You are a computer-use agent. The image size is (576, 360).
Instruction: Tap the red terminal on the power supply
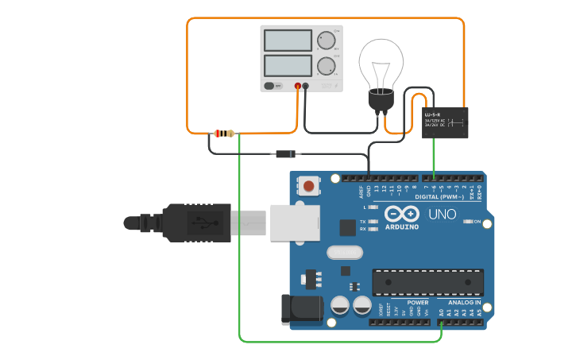point(298,85)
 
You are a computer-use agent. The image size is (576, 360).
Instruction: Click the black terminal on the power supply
point(305,85)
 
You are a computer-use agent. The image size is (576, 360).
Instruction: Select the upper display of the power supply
point(287,40)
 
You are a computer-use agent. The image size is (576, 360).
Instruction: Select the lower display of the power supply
point(287,65)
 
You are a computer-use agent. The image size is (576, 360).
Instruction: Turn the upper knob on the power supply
point(326,41)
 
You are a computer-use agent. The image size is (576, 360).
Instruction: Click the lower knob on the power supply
point(326,66)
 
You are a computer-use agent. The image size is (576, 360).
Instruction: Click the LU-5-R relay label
point(432,115)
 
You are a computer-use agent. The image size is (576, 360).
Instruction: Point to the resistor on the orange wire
point(225,134)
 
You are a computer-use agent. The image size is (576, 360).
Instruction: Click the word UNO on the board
point(443,214)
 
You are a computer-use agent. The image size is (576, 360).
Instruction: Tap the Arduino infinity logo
point(402,214)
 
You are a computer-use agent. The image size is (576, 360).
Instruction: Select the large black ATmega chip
point(427,282)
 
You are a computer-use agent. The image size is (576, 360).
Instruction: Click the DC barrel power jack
point(301,309)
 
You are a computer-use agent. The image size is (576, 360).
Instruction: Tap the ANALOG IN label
point(464,303)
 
